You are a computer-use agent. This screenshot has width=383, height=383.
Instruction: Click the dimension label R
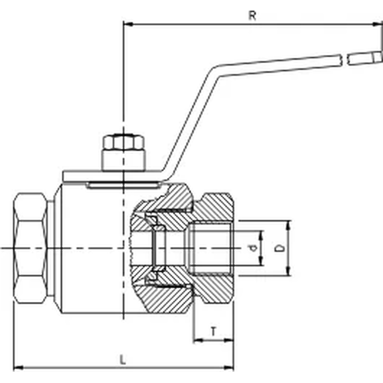coord(252,15)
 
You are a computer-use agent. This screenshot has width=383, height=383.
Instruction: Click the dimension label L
coord(123,359)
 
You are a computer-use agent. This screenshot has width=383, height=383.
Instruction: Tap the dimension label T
coord(213,331)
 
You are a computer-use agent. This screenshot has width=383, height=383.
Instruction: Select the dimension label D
coord(281,248)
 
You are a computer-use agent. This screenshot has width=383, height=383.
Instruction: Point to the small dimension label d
coord(252,248)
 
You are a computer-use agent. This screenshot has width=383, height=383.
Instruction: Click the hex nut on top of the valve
coord(123,143)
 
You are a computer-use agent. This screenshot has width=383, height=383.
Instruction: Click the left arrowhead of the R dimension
coord(127,25)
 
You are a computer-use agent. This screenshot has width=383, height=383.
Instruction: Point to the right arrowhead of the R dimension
coord(379,25)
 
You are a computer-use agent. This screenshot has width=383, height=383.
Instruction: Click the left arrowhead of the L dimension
coord(17,366)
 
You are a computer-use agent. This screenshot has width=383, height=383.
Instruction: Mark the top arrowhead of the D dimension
coord(289,224)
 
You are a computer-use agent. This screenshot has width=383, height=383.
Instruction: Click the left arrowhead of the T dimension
coord(196,341)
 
